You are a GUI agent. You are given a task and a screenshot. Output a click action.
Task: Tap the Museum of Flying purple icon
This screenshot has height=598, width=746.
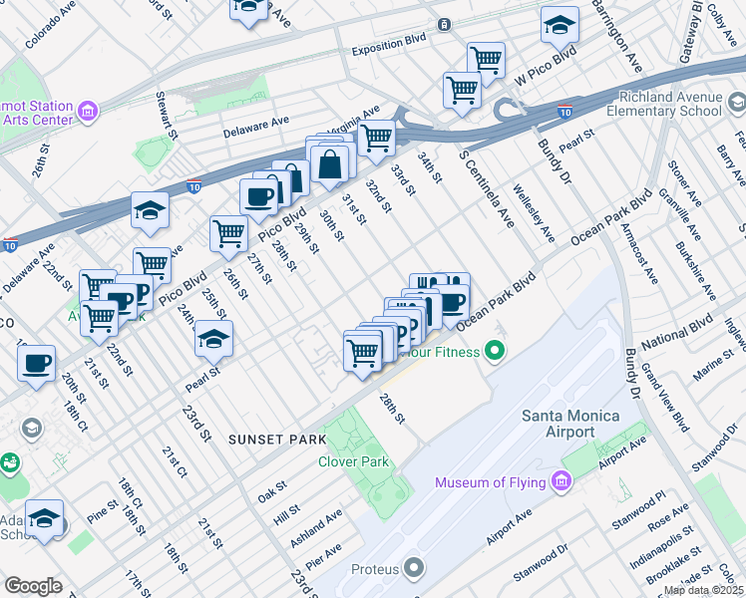[560, 483]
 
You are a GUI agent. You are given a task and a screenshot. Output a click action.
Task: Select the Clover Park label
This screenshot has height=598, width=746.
[353, 461]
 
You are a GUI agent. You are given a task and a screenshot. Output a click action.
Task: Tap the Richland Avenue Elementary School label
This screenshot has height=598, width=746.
[670, 105]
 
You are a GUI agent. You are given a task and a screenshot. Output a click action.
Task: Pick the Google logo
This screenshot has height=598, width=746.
[33, 586]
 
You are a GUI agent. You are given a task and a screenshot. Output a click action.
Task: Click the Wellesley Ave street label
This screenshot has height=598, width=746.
[535, 212]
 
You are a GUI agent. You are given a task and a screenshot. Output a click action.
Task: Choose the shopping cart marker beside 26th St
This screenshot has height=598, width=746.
[228, 233]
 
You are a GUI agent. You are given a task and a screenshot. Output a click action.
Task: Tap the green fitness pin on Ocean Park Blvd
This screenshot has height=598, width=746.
[493, 351]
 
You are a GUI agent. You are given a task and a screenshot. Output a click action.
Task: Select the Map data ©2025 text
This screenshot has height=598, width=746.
[703, 590]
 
